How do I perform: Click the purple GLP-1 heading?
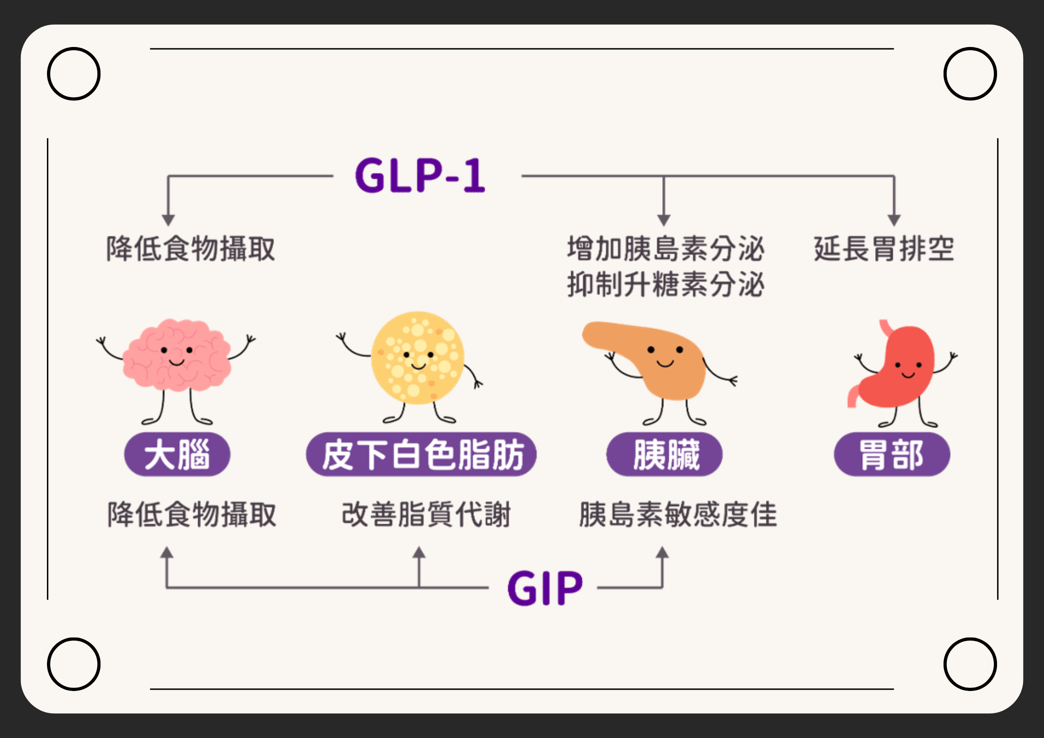420,175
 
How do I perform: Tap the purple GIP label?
545,588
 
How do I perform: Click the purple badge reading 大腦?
177,454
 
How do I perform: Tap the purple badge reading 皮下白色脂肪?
421,454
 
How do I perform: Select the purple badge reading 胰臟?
665,454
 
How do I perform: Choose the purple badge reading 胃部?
892,454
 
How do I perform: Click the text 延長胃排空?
884,249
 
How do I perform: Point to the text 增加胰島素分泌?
666,249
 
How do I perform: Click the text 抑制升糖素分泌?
666,284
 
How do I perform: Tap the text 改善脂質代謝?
426,514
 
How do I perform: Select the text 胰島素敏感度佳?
678,514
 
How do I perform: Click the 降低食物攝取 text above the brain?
191,249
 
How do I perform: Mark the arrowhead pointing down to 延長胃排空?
894,220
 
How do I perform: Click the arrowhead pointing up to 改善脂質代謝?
419,552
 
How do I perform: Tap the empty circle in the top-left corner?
73,73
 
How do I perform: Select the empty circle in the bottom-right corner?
970,664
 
